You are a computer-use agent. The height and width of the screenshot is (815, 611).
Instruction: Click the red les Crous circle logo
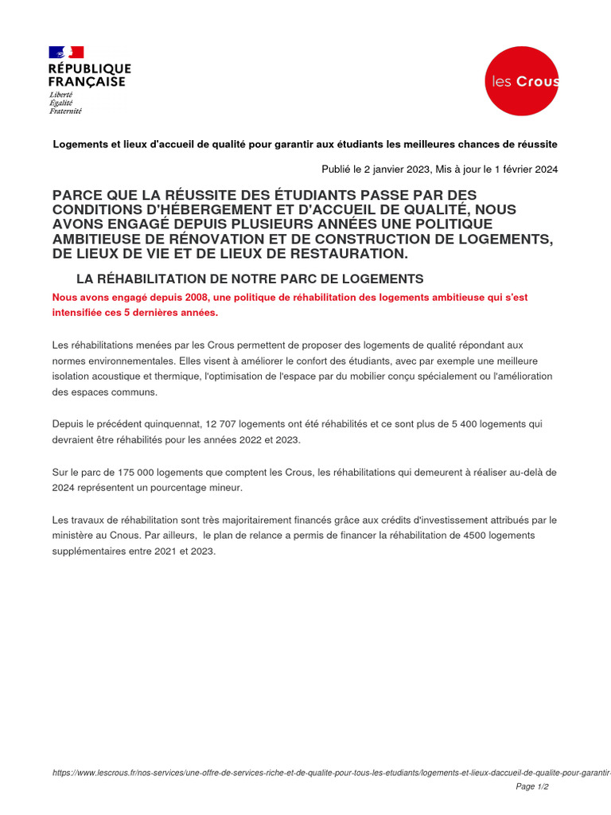point(522,81)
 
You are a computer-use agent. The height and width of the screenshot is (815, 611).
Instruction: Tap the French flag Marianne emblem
point(66,53)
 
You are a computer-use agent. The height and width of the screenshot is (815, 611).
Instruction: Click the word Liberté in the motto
point(60,94)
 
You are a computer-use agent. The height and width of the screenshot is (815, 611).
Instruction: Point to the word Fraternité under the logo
point(65,111)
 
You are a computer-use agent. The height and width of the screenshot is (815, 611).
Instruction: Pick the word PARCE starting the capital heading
point(76,196)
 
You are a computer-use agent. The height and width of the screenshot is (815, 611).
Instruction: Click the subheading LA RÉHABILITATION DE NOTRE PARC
point(250,279)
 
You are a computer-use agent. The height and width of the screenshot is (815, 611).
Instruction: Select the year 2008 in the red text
point(187,297)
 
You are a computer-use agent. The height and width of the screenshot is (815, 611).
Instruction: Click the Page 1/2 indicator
point(532,786)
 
